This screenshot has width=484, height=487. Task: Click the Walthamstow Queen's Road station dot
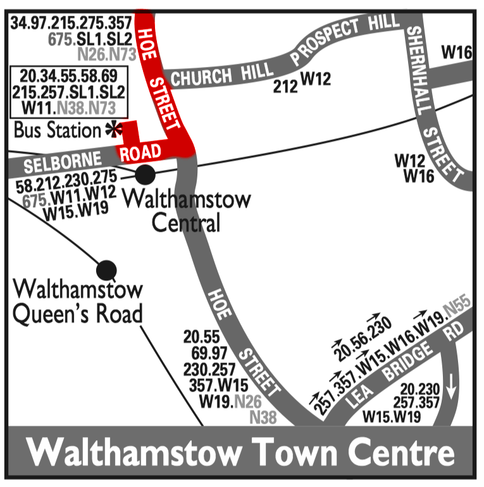106,270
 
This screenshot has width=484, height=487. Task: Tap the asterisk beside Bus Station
113,130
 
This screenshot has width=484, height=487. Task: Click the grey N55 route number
456,310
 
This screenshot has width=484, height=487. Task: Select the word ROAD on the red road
141,152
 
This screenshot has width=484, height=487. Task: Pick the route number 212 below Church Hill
285,87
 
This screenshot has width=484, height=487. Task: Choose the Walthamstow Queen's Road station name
78,302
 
